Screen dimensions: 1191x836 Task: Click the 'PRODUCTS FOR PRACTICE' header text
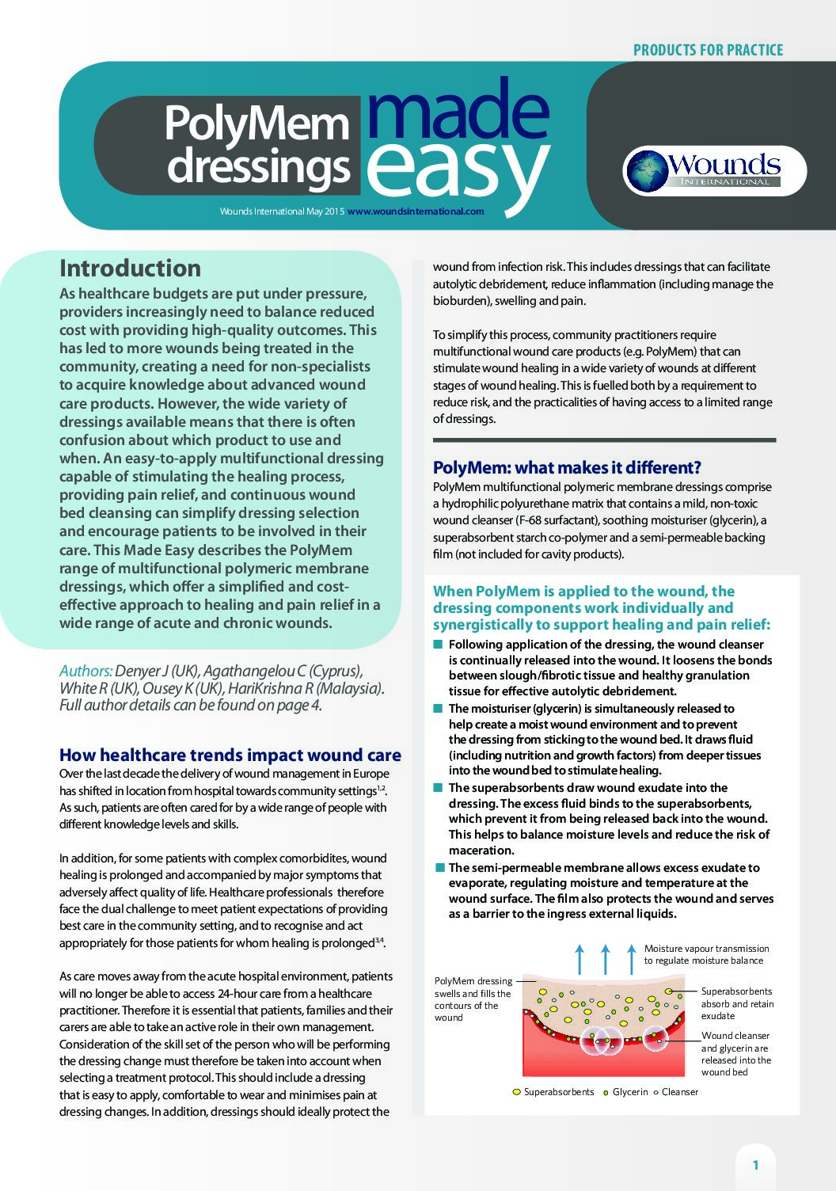pos(708,50)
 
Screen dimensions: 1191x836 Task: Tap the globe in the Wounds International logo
pos(647,171)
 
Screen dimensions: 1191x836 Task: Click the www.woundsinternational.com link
pos(416,211)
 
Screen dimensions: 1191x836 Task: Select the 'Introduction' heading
pos(130,268)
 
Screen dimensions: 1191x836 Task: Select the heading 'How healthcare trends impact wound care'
pos(230,755)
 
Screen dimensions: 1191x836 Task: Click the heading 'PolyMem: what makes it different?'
pos(567,467)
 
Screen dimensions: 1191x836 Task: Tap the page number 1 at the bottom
pos(755,1165)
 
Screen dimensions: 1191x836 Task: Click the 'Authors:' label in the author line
pos(85,671)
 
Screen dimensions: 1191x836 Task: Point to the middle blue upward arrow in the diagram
pos(606,958)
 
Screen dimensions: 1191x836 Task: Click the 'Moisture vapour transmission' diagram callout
pos(706,954)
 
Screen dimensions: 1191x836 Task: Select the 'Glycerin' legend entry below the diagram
pos(630,1092)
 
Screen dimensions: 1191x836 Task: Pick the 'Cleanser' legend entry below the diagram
pos(679,1092)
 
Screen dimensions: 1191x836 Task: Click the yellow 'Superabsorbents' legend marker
pos(517,1092)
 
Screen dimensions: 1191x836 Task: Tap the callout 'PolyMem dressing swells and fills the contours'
pos(473,999)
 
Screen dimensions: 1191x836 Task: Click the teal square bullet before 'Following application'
pos(438,645)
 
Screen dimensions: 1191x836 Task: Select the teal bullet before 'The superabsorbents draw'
pos(438,788)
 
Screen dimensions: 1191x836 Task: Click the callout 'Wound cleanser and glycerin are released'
pos(735,1053)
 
